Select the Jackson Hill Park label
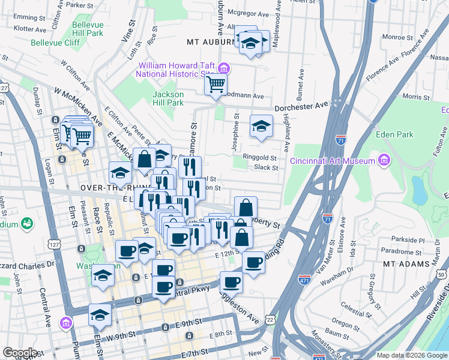point(167,98)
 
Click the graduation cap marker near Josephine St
point(261,126)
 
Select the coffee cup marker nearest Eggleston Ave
point(231,282)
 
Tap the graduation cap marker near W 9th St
point(100,314)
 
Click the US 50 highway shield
point(441,274)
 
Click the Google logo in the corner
point(20,353)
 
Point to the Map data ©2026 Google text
point(411,355)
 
